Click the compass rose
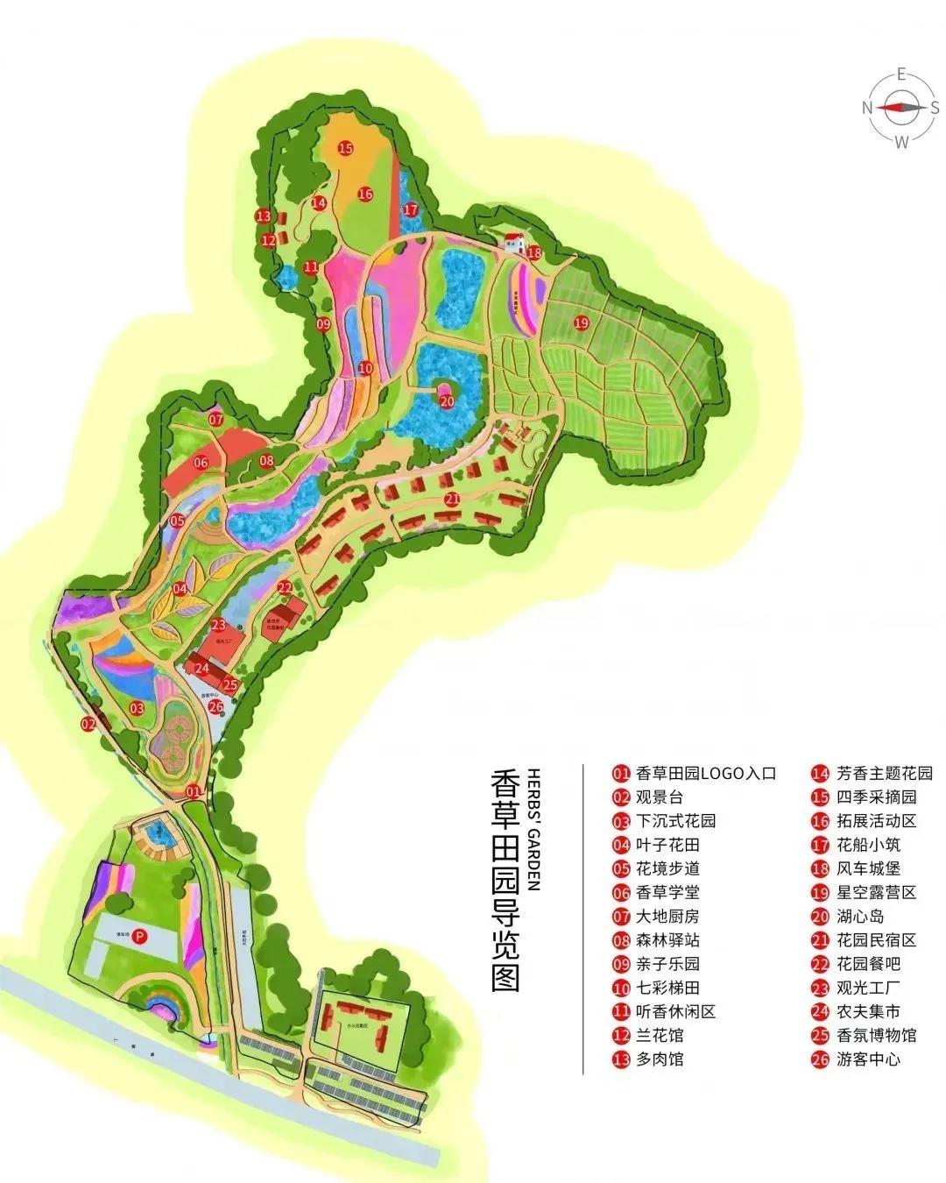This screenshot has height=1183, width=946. [900, 107]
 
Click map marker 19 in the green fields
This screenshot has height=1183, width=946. [581, 322]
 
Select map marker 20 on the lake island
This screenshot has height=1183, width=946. [447, 401]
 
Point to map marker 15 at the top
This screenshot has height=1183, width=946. [345, 148]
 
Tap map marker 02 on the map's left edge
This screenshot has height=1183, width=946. [88, 724]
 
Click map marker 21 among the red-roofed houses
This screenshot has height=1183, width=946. [452, 499]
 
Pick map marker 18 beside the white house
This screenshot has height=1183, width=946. [534, 253]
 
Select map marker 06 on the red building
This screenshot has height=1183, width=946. [201, 462]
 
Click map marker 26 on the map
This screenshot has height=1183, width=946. [215, 706]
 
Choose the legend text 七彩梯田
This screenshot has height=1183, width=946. [668, 988]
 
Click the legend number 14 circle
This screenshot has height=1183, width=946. [820, 774]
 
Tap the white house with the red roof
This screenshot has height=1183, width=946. [514, 241]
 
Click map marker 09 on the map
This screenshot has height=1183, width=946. [323, 324]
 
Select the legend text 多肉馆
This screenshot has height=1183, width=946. [660, 1059]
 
